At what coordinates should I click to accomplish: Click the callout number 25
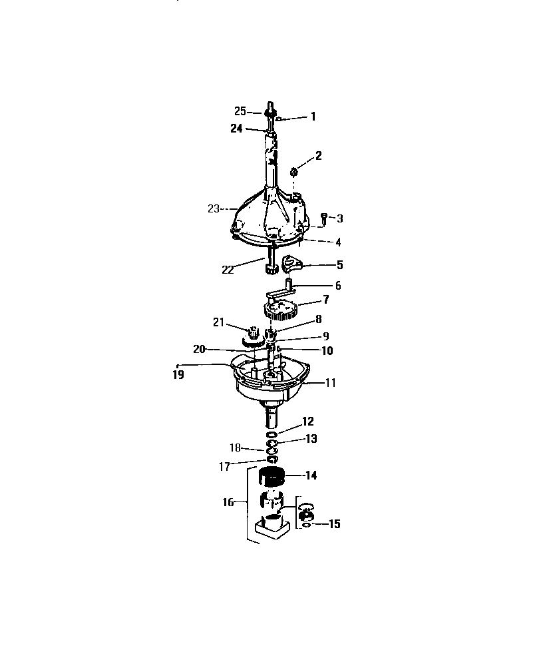[240, 111]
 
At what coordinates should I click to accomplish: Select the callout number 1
[313, 117]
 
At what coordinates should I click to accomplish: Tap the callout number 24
[236, 129]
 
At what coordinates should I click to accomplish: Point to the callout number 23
[213, 209]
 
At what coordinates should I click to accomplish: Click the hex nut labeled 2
[294, 171]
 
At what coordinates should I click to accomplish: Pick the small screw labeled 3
[324, 218]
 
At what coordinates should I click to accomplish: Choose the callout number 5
[339, 264]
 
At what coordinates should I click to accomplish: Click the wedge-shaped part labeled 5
[291, 264]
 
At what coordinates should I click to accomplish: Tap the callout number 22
[228, 270]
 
